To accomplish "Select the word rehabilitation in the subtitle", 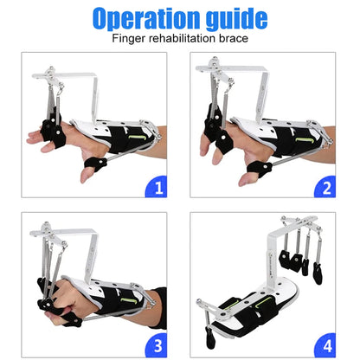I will [186, 39].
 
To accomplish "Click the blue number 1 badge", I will [157, 185].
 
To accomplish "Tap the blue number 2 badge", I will [327, 185].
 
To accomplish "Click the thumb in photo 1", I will [90, 170].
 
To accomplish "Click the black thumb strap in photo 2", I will [258, 164].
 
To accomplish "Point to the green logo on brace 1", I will [137, 136].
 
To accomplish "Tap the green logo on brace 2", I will [305, 136].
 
